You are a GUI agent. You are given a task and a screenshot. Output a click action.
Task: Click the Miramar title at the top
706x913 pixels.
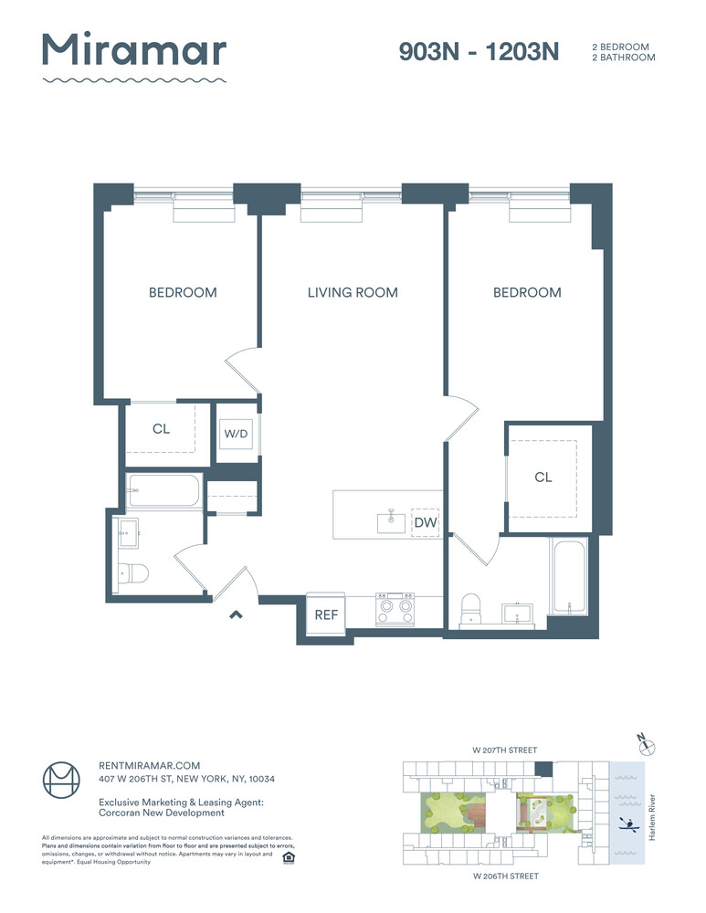(x=134, y=49)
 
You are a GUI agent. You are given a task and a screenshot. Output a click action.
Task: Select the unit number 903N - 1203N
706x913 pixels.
(x=479, y=52)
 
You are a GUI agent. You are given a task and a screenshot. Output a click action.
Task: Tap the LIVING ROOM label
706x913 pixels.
(x=353, y=292)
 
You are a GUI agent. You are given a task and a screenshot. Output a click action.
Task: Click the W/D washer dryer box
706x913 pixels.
(x=236, y=433)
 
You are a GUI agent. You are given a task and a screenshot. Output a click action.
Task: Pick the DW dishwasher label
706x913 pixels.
(x=426, y=522)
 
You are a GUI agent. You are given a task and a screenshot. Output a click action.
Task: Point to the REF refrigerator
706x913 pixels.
(x=326, y=614)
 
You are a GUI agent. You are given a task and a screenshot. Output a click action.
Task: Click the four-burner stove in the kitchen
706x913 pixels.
(x=395, y=609)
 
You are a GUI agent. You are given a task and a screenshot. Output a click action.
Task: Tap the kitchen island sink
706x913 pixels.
(x=392, y=521)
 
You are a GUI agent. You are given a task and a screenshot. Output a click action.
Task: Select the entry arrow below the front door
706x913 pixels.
(x=236, y=614)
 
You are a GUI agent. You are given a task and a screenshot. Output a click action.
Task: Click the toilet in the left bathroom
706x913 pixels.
(x=132, y=573)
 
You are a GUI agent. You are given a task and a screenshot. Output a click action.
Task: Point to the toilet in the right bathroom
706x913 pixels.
(x=470, y=608)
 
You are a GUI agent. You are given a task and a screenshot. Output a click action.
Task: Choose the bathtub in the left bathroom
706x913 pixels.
(x=164, y=491)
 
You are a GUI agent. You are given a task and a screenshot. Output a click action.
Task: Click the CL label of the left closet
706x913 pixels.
(x=162, y=428)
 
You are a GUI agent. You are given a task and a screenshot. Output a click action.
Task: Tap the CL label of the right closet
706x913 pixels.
(x=543, y=477)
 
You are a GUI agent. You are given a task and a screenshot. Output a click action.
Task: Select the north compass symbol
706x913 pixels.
(x=646, y=745)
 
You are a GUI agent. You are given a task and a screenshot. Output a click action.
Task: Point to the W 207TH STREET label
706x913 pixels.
(x=504, y=750)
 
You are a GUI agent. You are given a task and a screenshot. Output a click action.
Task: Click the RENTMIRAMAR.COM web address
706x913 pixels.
(x=149, y=766)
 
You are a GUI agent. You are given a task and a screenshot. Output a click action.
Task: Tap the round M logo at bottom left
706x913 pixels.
(x=61, y=781)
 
